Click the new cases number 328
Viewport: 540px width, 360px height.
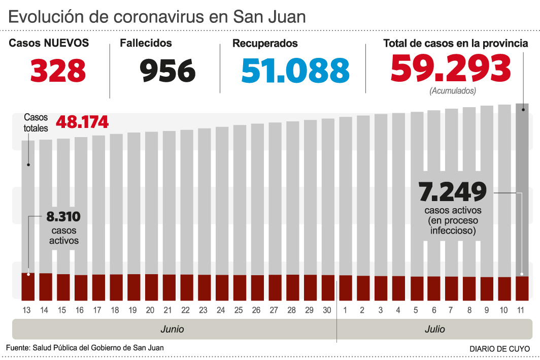pos(58,71)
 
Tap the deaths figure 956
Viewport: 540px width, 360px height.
pos(167,71)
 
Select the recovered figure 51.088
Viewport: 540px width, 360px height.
pos(295,71)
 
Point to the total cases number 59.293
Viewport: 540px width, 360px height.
pos(451,68)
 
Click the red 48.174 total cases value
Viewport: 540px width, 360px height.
pos(82,122)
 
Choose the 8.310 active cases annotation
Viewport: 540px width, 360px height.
pos(63,217)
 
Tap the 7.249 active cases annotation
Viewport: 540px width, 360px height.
pos(453,191)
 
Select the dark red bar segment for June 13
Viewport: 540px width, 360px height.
pos(28,287)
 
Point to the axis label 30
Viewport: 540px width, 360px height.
pos(328,309)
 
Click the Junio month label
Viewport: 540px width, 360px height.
pos(172,329)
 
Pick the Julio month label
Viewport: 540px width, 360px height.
pos(434,329)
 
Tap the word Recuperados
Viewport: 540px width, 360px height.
pos(265,44)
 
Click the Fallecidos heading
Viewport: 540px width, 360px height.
pos(146,44)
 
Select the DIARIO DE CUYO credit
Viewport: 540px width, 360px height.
pos(499,349)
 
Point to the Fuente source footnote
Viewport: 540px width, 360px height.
pos(85,348)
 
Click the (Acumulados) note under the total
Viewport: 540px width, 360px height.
pos(453,91)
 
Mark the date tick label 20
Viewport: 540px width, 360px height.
pos(150,309)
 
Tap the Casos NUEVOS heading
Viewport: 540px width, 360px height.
pos(49,44)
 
